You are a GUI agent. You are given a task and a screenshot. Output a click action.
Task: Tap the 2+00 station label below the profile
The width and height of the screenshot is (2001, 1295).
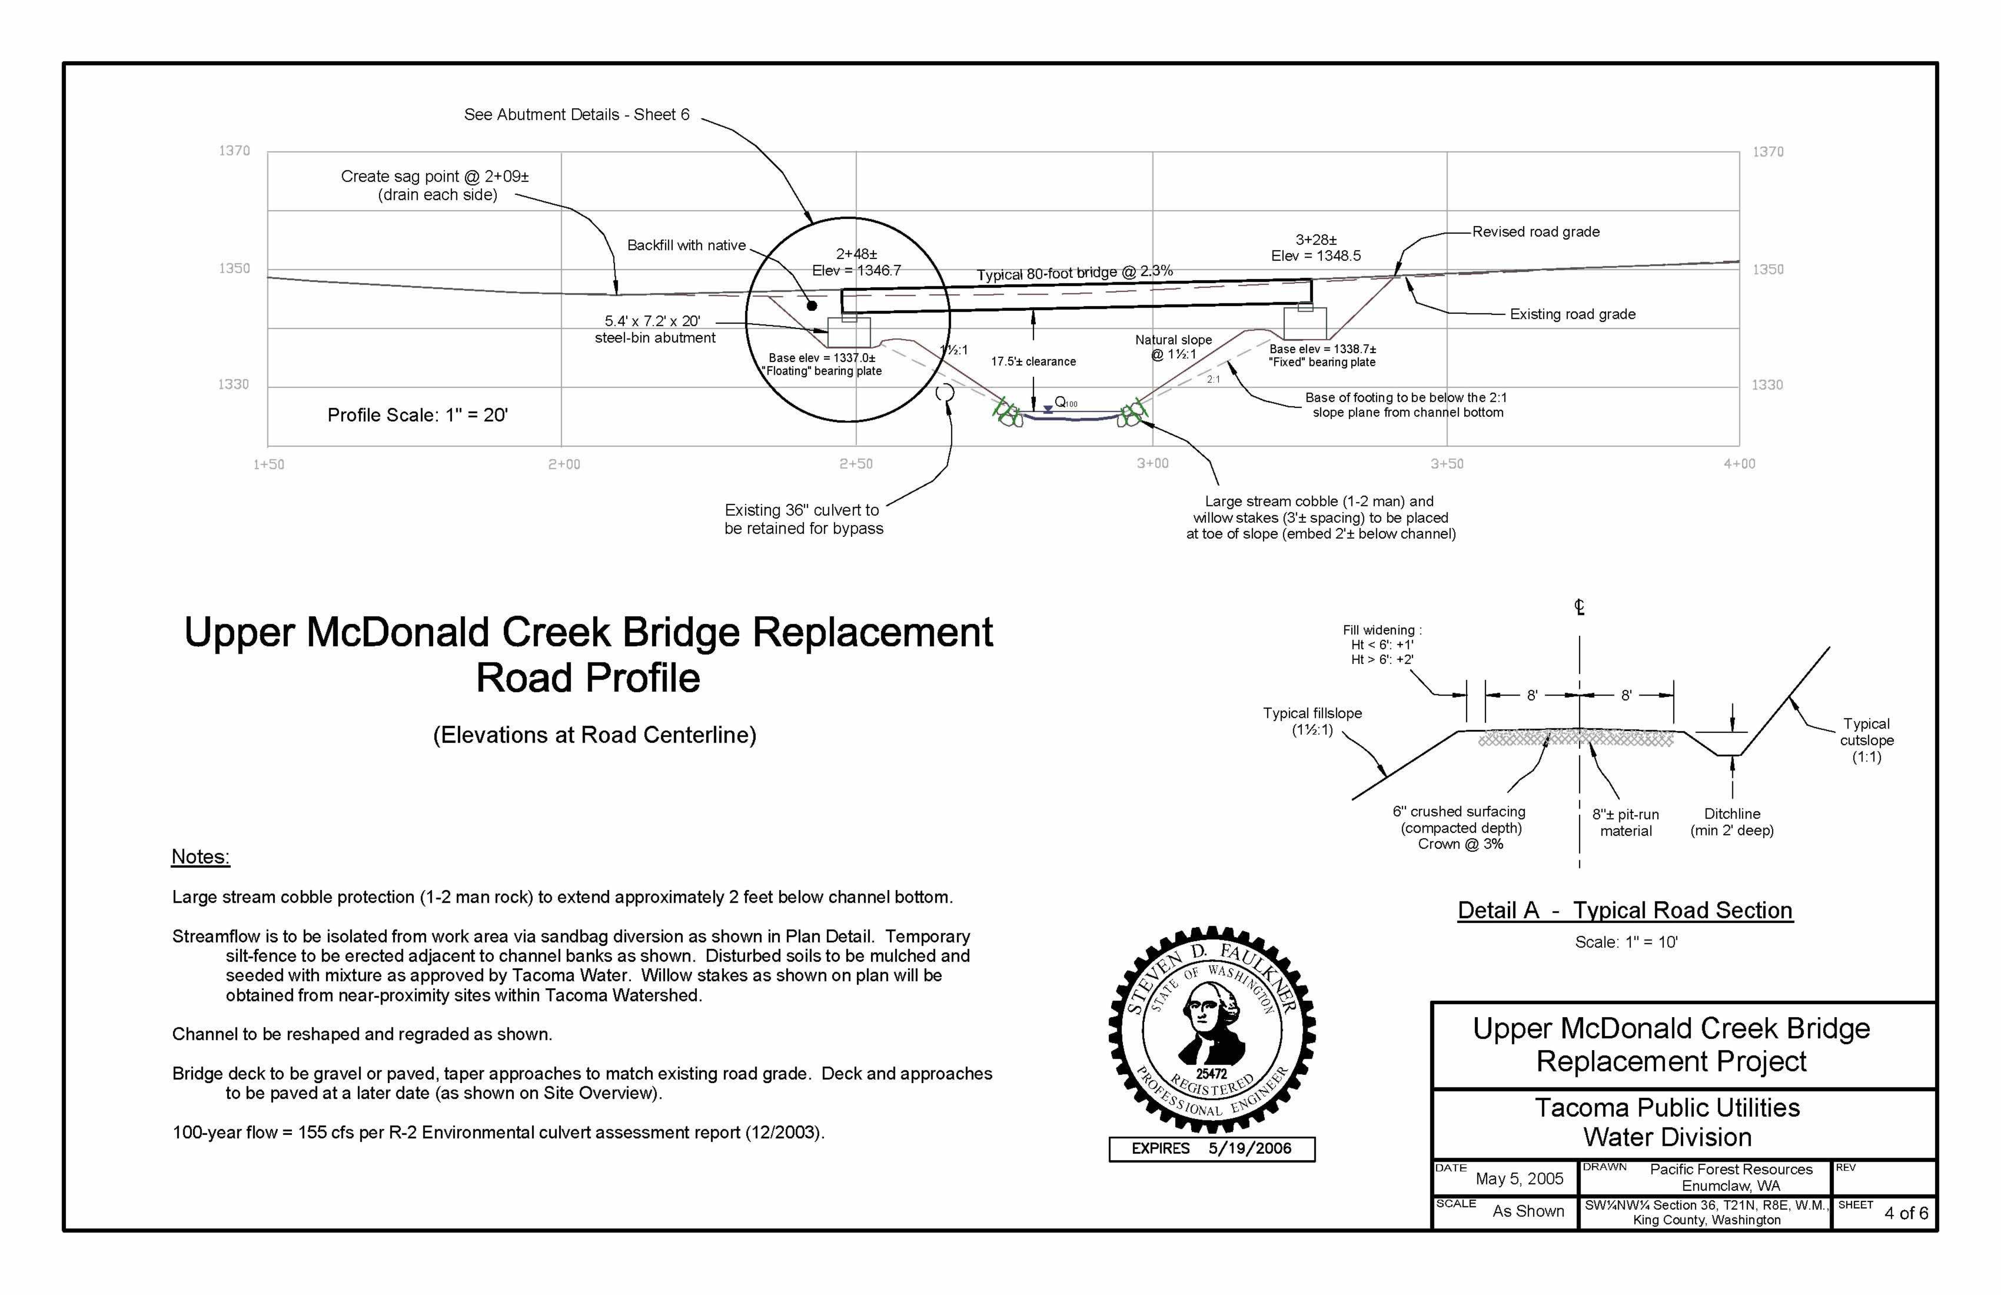[563, 464]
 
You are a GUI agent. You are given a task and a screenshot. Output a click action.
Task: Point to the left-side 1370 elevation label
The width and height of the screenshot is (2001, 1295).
[235, 151]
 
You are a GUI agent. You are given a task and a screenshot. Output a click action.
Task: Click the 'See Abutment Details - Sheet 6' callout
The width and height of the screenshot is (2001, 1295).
[577, 114]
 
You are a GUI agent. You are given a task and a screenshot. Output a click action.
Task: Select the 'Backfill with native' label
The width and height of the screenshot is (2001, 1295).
[686, 245]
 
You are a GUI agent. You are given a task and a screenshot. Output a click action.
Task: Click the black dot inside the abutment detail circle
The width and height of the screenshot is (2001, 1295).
[812, 306]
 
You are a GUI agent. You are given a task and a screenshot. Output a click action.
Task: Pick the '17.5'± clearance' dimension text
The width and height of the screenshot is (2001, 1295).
[1033, 361]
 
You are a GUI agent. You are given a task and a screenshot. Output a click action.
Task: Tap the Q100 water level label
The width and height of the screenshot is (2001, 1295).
[1065, 403]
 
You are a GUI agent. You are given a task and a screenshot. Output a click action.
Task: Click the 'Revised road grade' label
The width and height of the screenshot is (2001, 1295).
[1535, 232]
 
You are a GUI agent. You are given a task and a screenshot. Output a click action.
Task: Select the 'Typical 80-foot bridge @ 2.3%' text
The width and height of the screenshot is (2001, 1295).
[1075, 273]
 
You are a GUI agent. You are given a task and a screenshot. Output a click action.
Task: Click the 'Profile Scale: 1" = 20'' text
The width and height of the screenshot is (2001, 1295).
[418, 416]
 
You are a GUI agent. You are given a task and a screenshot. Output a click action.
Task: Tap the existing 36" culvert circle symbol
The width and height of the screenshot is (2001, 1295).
[944, 393]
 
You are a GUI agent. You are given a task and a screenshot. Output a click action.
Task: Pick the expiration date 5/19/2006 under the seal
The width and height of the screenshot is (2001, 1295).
[1249, 1148]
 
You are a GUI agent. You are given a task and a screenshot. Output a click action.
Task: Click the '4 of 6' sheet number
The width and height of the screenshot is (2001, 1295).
[1906, 1213]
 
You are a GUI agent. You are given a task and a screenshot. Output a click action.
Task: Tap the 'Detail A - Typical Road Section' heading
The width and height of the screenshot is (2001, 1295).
[1624, 911]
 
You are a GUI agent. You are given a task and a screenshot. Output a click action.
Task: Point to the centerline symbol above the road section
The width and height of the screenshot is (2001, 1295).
[1579, 606]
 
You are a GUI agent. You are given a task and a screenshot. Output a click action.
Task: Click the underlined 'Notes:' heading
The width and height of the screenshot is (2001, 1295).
[200, 857]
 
